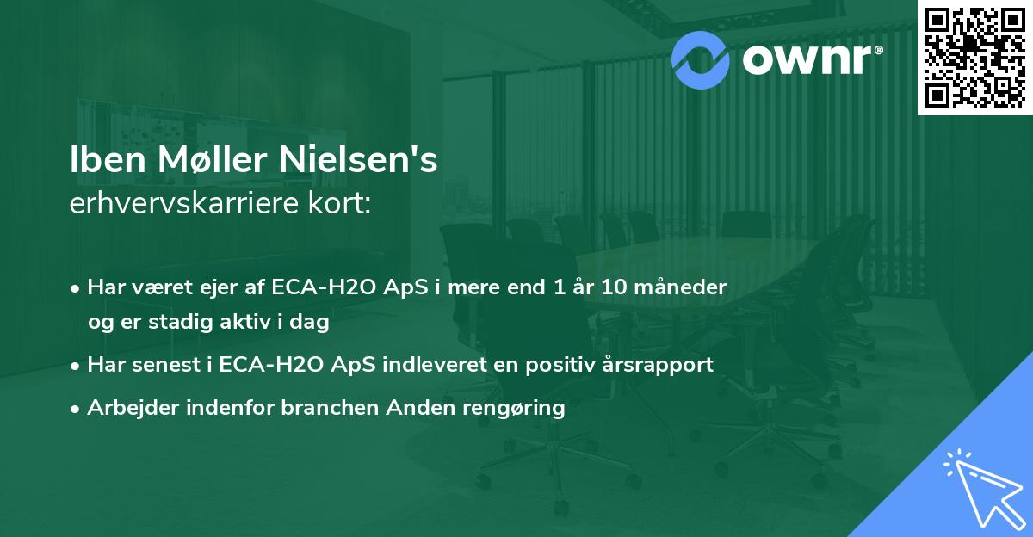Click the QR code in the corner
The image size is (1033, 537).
coord(974,57)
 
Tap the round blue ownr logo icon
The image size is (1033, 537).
coord(701,59)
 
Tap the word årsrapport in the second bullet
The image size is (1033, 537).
coord(661,365)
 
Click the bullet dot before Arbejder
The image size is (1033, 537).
coord(77,409)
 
